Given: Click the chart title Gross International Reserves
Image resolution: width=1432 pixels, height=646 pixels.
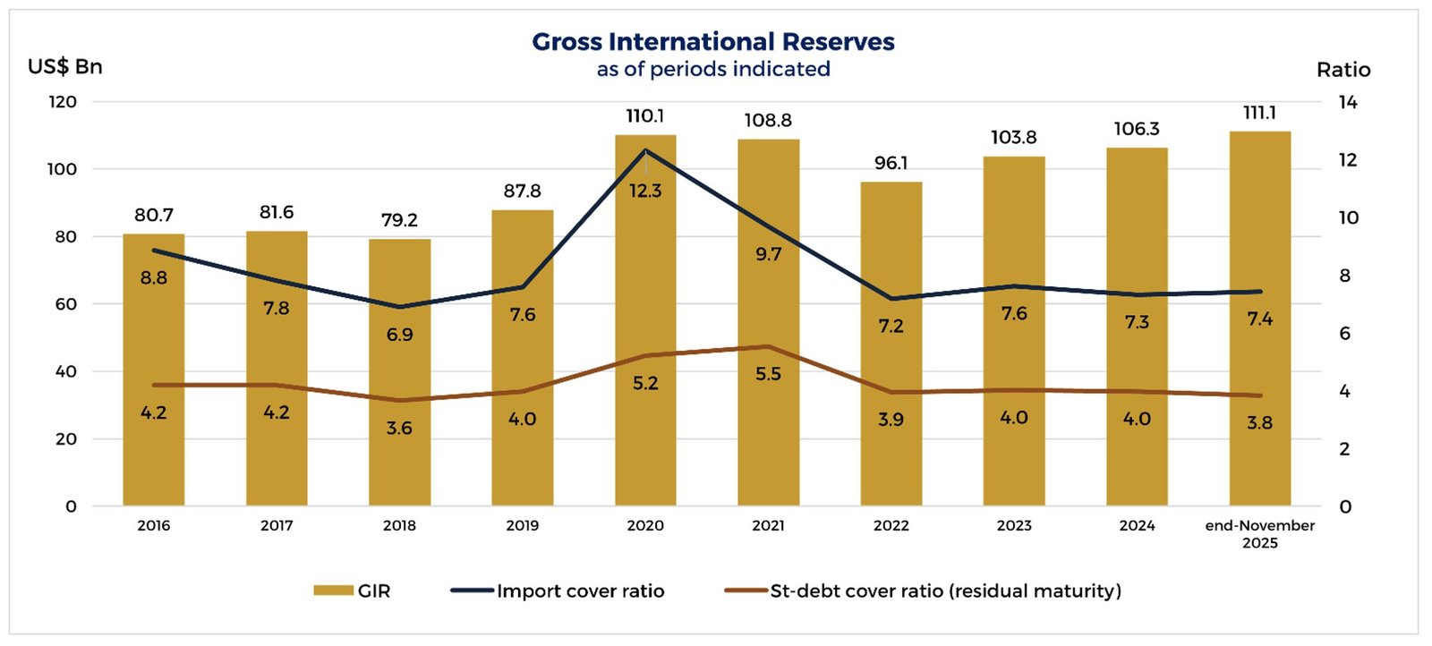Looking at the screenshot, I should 713,42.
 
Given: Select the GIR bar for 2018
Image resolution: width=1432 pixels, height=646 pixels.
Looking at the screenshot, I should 399,376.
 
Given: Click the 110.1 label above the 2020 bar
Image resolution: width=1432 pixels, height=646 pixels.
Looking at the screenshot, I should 645,116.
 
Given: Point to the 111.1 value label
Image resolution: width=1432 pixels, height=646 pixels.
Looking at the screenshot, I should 1259,113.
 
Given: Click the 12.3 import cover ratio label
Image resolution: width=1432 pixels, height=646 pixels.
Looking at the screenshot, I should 645,191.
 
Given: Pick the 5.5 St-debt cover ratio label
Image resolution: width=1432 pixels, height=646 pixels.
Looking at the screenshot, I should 768,374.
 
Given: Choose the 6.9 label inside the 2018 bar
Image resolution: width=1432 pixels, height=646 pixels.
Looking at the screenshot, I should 399,335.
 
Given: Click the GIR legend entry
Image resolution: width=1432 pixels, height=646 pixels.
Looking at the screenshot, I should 353,591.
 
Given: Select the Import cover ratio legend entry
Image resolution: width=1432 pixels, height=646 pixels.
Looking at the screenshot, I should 558,591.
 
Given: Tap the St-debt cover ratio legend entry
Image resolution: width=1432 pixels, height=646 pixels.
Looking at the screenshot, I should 923,591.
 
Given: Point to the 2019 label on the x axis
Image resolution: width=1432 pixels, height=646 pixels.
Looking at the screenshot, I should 523,526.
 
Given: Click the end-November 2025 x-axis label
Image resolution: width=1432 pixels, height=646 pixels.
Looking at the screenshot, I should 1259,534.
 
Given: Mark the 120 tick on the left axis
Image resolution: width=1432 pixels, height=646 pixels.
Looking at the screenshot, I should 63,102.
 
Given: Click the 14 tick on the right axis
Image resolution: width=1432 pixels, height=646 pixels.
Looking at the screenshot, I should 1347,103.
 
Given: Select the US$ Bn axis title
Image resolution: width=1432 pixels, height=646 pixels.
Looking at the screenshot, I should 65,67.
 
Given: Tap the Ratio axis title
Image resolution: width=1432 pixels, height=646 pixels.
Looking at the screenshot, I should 1342,70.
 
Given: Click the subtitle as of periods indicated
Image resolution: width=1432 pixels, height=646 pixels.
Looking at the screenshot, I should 713,70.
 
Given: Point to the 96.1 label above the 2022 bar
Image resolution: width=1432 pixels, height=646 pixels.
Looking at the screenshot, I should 891,163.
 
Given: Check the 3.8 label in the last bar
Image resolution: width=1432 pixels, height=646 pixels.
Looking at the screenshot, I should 1259,422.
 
